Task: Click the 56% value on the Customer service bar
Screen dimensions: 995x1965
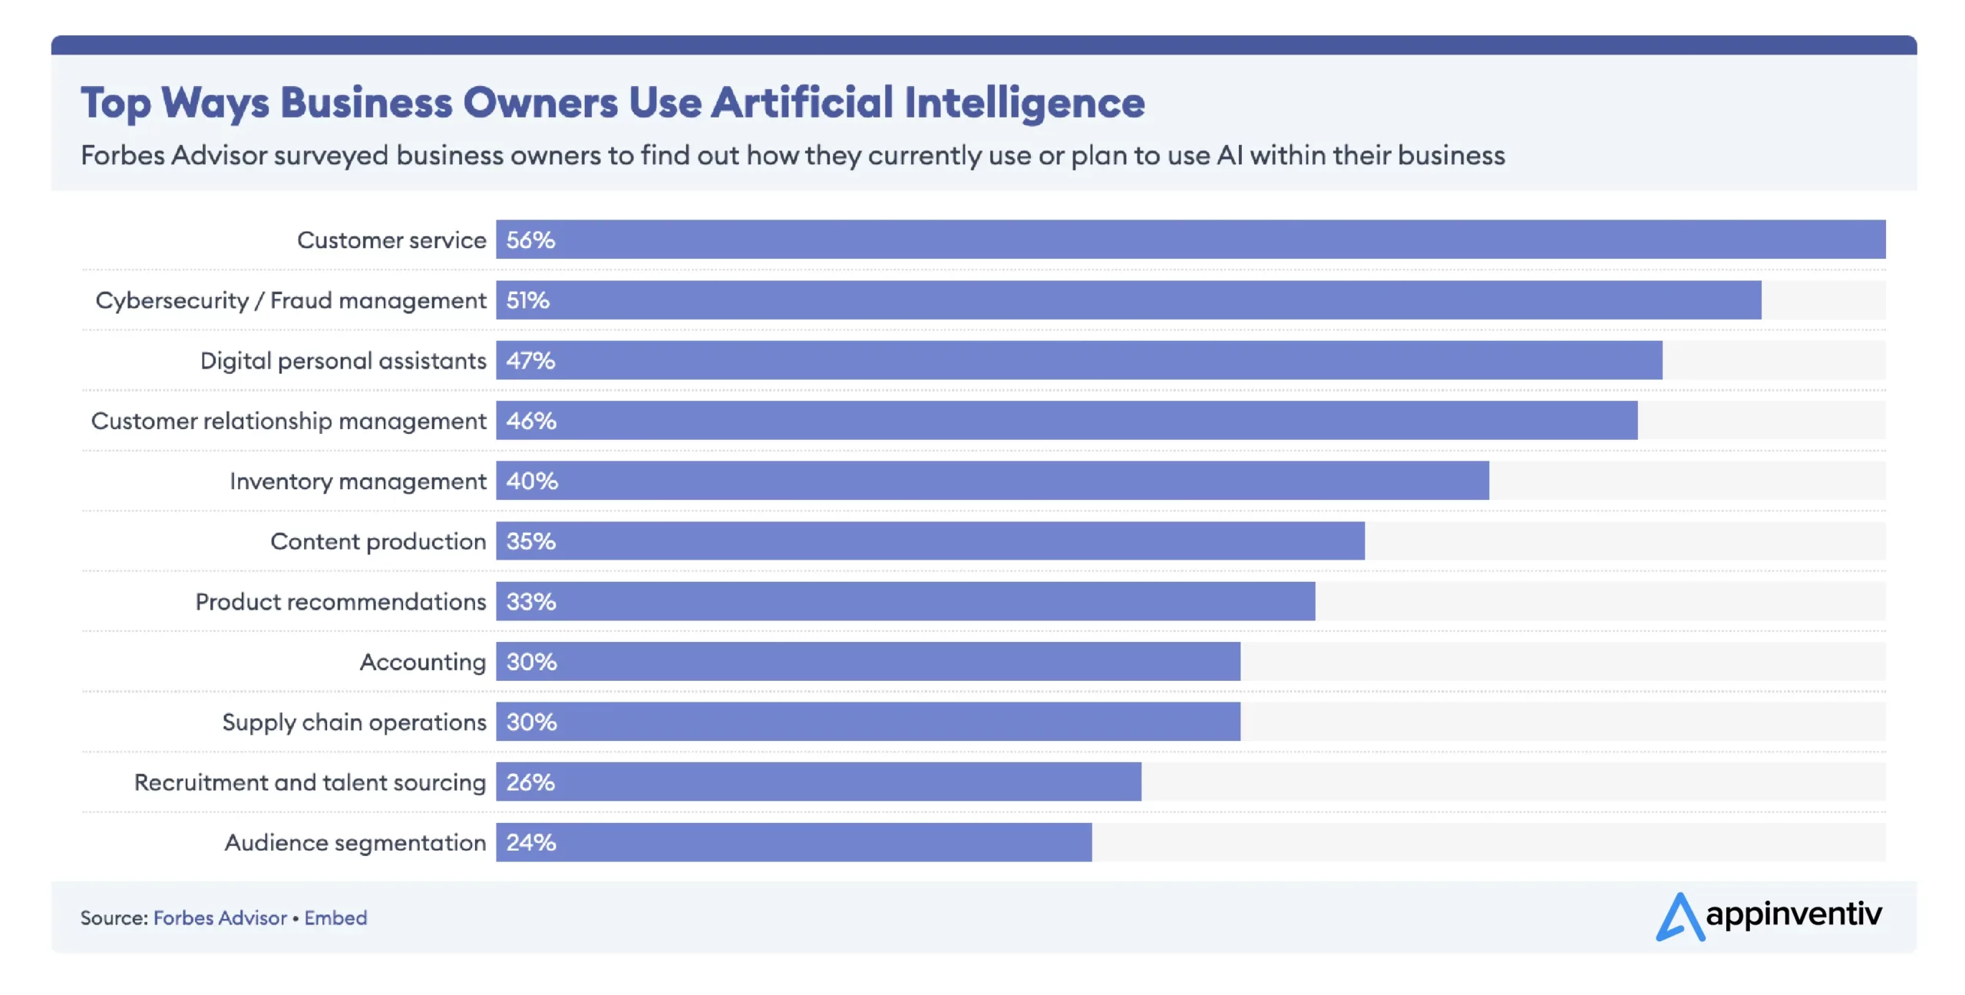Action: [530, 240]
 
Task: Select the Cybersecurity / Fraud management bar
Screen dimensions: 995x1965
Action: [1128, 300]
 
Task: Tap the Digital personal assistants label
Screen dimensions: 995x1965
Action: [343, 361]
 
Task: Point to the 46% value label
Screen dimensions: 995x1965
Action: [531, 421]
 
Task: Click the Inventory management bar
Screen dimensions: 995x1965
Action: [992, 481]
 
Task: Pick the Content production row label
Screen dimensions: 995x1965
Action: [378, 541]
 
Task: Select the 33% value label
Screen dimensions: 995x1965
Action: [530, 601]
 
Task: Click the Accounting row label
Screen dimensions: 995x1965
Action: [422, 662]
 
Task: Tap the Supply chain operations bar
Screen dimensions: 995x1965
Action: [867, 722]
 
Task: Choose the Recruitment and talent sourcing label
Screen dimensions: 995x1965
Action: [310, 782]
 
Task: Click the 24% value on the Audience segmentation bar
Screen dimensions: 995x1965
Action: [530, 842]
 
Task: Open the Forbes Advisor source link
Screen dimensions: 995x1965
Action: [220, 917]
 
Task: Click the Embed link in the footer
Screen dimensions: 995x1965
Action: [335, 917]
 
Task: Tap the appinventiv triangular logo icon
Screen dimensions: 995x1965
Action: [1679, 917]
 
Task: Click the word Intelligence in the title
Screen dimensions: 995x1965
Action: [1024, 103]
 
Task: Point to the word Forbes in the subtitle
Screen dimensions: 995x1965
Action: [123, 155]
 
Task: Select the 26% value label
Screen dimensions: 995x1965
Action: [530, 782]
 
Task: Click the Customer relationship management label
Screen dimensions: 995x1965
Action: [289, 421]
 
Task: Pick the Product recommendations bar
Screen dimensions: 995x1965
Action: [906, 601]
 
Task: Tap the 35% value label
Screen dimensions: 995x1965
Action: [530, 541]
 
